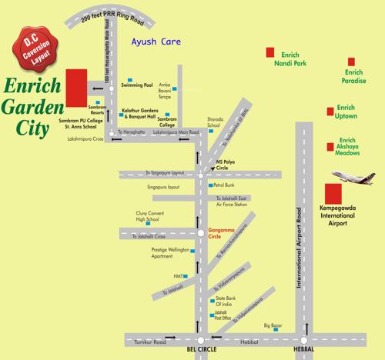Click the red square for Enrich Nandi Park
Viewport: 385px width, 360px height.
(269, 52)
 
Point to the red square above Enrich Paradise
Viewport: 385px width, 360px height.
(352, 61)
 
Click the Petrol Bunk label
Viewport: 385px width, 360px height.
(224, 185)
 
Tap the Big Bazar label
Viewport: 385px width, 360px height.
(273, 326)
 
